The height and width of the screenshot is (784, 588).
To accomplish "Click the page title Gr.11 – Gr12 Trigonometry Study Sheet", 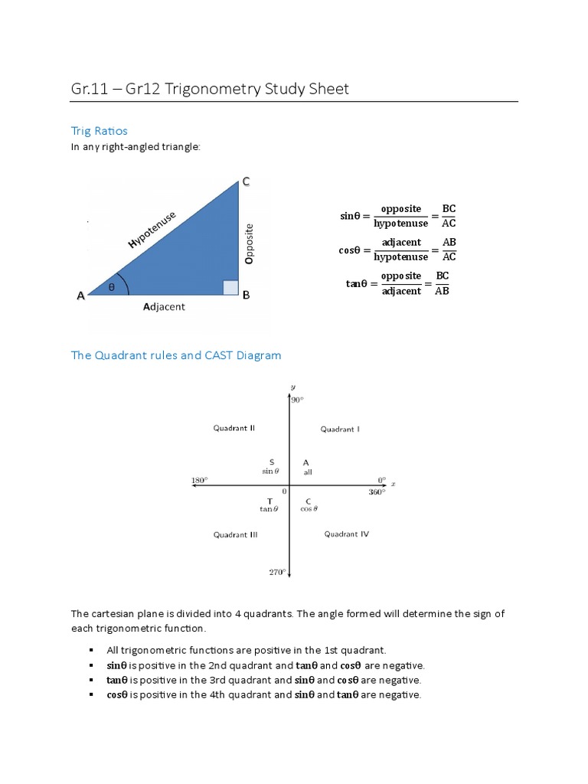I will tap(209, 89).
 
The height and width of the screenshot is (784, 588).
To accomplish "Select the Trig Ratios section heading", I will tap(100, 131).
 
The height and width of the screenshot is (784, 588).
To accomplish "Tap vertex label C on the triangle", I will tap(246, 181).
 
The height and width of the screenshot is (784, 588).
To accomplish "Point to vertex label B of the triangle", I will tap(247, 296).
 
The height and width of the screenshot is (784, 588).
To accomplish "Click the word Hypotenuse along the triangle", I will tap(152, 230).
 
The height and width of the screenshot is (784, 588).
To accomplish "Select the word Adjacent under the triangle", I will tap(164, 307).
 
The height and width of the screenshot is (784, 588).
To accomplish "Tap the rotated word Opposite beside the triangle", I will tap(249, 243).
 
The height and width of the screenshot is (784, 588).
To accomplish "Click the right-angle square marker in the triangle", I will tap(230, 287).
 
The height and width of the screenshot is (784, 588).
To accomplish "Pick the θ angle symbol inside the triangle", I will tap(111, 287).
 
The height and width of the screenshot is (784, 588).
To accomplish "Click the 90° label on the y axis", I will tap(297, 400).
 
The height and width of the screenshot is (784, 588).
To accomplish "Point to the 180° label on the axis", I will tap(199, 480).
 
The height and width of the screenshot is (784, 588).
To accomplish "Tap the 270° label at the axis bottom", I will tap(276, 571).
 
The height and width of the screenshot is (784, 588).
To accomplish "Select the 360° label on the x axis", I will tap(377, 492).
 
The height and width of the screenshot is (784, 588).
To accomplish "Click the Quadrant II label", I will tap(234, 429).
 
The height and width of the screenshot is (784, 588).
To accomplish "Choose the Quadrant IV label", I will tap(346, 534).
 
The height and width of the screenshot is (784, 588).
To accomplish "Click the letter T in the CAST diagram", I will tap(269, 501).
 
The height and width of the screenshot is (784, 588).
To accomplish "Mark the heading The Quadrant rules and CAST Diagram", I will tap(176, 355).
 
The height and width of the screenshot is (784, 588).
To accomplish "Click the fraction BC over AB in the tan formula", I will tap(443, 283).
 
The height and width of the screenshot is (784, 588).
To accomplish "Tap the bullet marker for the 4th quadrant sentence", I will tap(90, 695).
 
